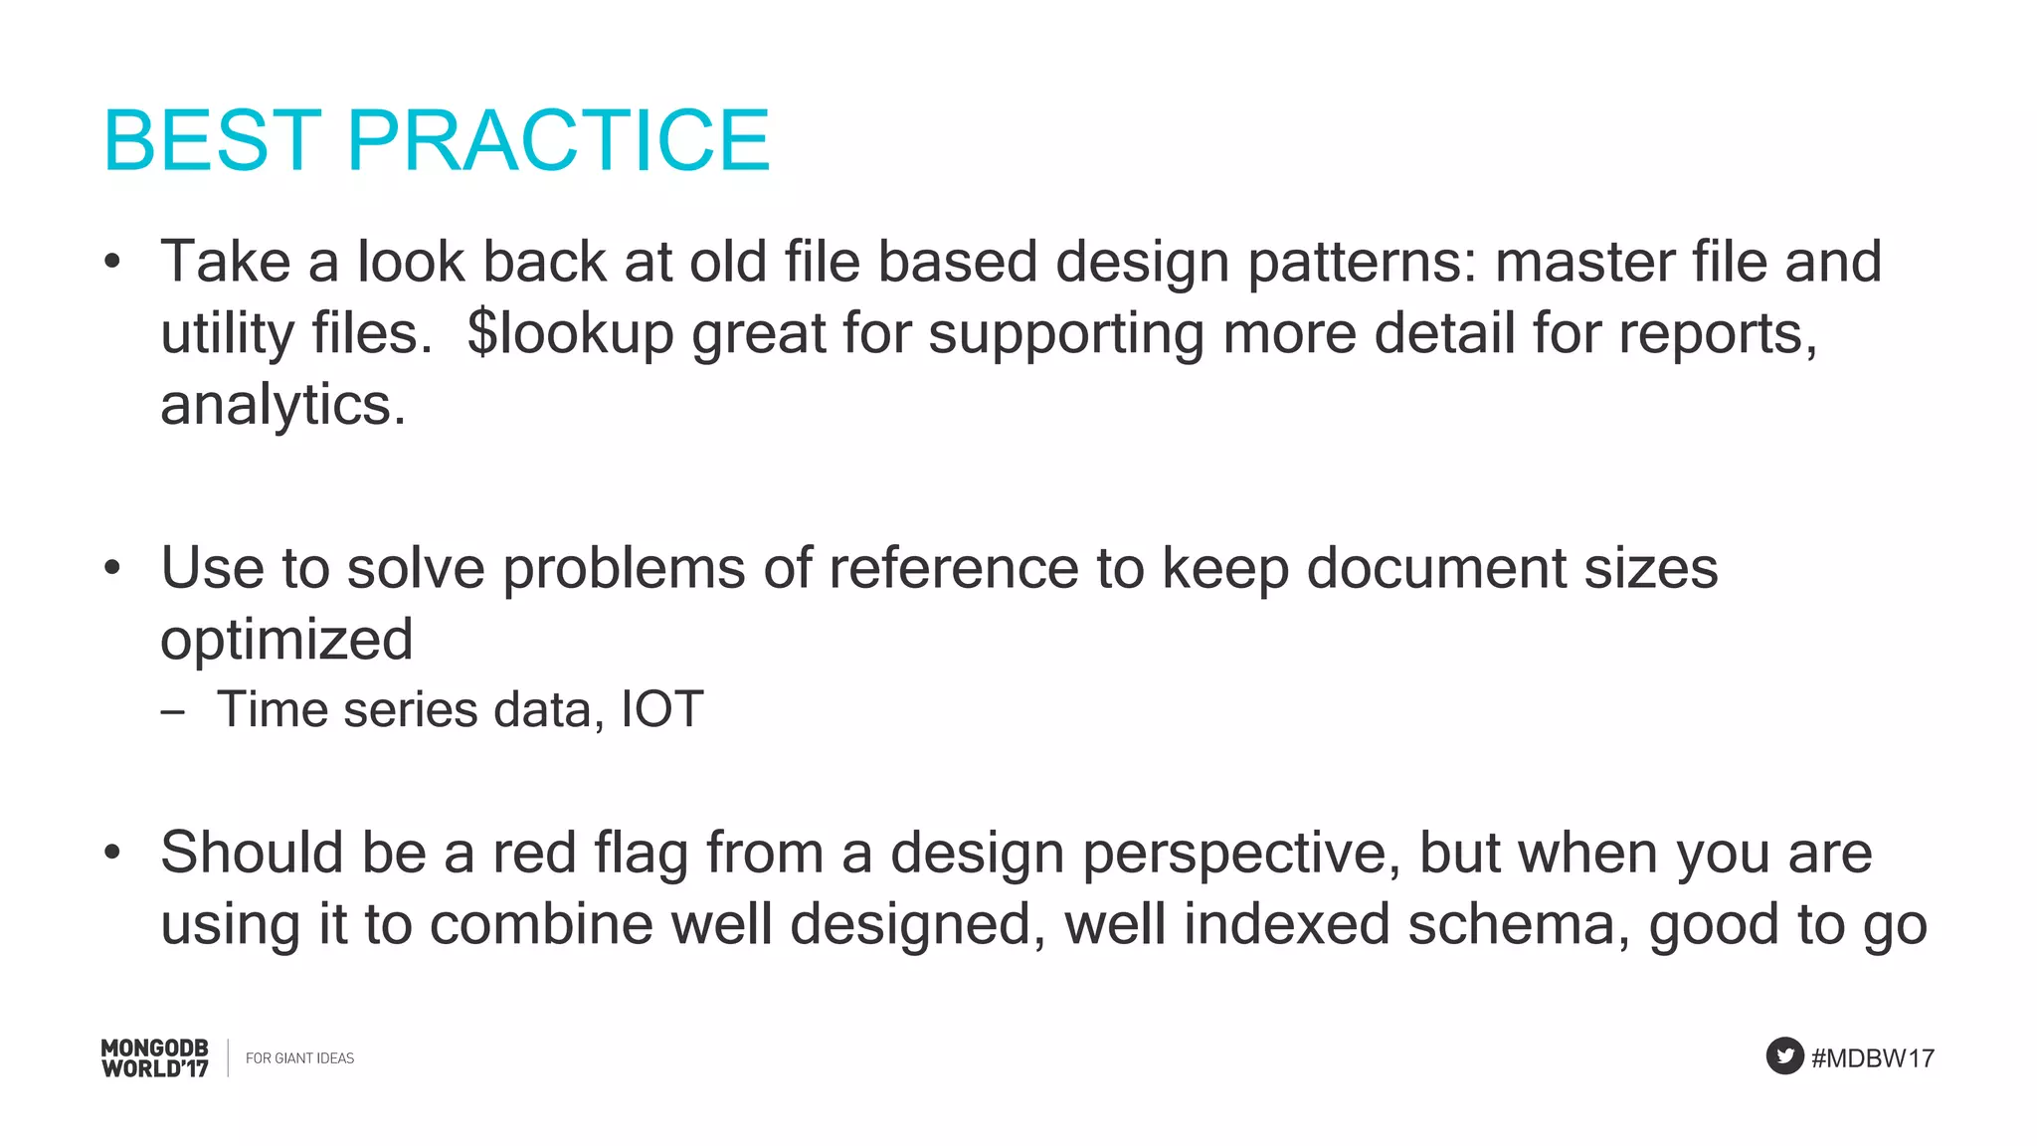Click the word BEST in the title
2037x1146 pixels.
pos(212,140)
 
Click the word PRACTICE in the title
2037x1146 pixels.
pos(558,140)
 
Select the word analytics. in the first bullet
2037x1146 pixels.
pos(283,405)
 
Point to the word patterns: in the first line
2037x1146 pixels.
pos(1362,263)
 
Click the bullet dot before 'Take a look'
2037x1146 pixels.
pos(112,263)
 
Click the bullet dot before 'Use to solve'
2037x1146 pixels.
pos(112,569)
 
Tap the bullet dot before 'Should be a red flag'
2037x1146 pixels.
pos(112,853)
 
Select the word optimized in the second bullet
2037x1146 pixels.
pos(286,640)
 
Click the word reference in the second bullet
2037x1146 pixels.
pos(953,568)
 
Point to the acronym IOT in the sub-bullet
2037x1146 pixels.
pos(662,710)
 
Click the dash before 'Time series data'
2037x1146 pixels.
pos(172,712)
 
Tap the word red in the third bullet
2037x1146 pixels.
pos(534,853)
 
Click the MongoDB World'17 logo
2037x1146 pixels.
pos(155,1058)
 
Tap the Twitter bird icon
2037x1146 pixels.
pos(1784,1056)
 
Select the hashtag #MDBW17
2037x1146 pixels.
pos(1872,1058)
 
